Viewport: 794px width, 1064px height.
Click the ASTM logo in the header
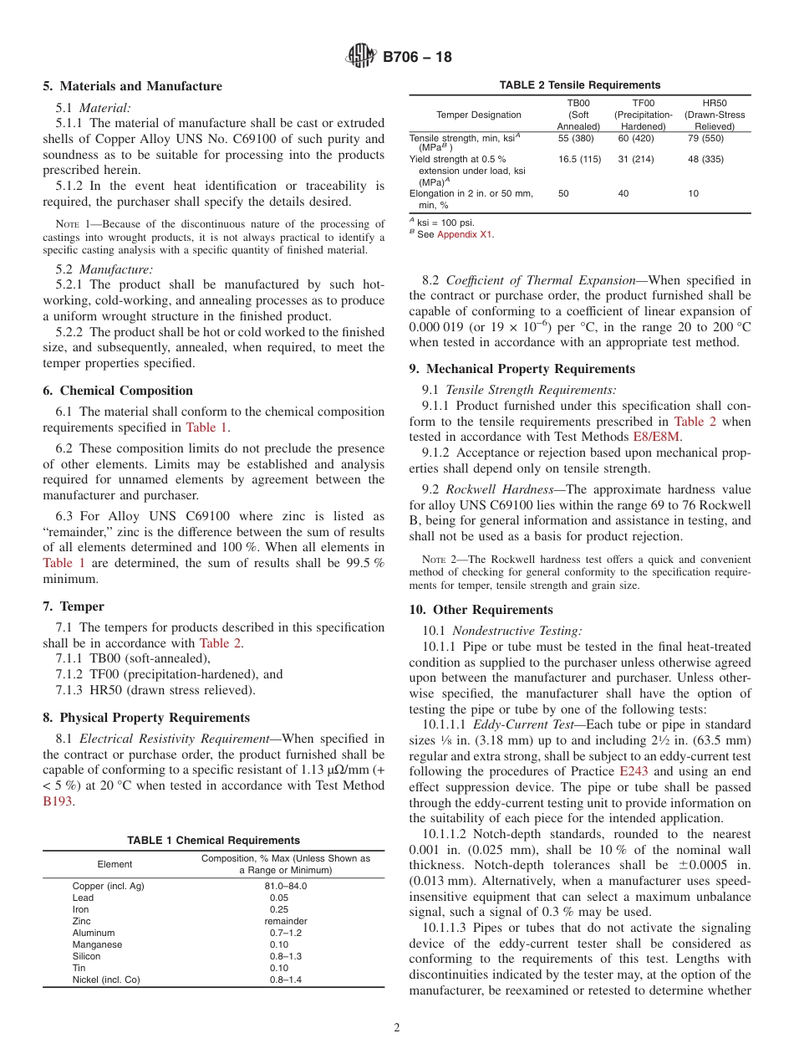361,57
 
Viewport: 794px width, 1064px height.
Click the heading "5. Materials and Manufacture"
132,86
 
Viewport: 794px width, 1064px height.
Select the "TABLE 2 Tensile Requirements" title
579,85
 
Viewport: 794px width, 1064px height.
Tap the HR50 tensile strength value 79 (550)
705,138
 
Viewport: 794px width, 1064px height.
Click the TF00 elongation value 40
623,193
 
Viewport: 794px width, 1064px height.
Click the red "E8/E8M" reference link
656,436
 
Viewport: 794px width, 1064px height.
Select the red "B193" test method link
58,801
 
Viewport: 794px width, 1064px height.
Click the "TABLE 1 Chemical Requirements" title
213,840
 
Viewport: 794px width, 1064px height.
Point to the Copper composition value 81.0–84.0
286,886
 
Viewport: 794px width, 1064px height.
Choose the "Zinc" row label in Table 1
82,921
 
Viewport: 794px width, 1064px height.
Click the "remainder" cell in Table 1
286,921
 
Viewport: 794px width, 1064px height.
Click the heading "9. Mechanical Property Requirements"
522,369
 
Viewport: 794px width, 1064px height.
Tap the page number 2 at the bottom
396,1028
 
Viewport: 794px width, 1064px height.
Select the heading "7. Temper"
74,606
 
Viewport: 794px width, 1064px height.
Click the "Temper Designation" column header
478,115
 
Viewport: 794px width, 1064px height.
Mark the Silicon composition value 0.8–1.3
286,956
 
